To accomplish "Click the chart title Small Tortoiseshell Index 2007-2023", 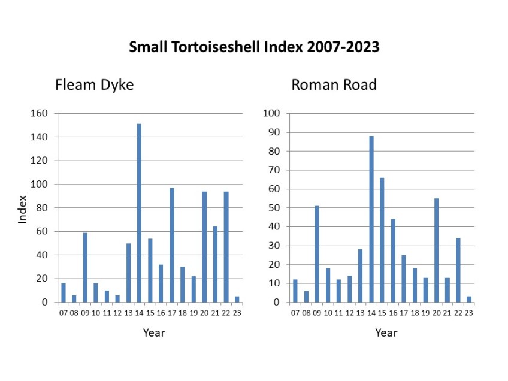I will coord(254,47).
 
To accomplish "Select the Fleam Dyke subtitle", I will coord(94,85).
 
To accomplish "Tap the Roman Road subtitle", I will coord(334,85).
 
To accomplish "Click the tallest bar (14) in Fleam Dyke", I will coord(139,213).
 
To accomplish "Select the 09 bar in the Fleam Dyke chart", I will coord(85,267).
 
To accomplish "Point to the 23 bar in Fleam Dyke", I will coord(237,299).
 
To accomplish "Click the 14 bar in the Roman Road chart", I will coord(371,219).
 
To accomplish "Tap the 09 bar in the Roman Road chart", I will coord(317,254).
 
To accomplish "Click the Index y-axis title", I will coord(23,209).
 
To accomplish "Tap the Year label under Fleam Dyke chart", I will coord(153,332).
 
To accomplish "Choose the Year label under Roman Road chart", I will coord(386,332).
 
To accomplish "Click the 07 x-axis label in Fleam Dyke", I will coord(63,312).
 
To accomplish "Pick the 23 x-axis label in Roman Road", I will coord(469,312).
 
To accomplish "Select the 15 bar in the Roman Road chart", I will coord(382,240).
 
